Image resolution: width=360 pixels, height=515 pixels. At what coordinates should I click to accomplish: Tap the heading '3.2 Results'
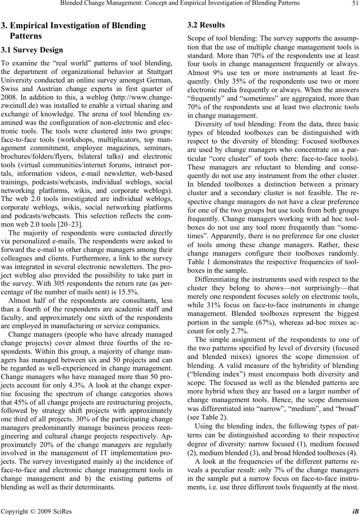[206, 25]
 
